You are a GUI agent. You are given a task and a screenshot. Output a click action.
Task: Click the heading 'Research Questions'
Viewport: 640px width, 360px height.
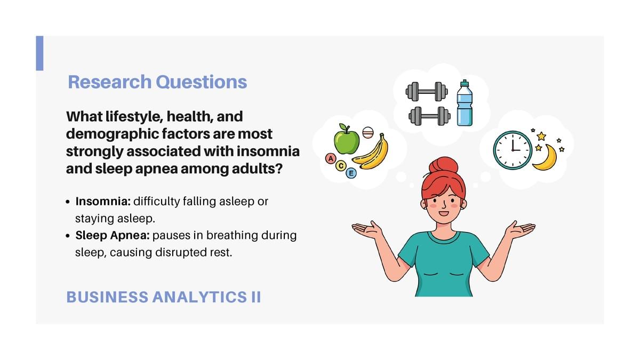pyautogui.click(x=157, y=82)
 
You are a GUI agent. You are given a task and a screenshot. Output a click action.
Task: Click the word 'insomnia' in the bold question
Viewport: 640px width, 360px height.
pyautogui.click(x=268, y=151)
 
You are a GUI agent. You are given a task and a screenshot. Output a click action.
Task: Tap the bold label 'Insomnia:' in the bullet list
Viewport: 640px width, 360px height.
pyautogui.click(x=103, y=202)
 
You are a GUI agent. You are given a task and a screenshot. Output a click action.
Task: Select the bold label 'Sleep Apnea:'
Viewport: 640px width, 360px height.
pyautogui.click(x=113, y=235)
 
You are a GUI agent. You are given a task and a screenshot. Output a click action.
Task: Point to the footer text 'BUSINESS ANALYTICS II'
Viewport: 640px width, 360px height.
pyautogui.click(x=163, y=297)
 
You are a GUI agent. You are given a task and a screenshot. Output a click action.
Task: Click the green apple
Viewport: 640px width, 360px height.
pyautogui.click(x=347, y=139)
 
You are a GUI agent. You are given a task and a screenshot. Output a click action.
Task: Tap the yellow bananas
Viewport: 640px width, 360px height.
pyautogui.click(x=371, y=153)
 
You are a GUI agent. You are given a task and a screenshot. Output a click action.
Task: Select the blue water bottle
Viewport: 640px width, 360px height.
pyautogui.click(x=465, y=103)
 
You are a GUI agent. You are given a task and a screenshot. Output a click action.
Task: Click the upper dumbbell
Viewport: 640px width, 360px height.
pyautogui.click(x=427, y=92)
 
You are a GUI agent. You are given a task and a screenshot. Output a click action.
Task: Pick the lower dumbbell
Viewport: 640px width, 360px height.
pyautogui.click(x=429, y=116)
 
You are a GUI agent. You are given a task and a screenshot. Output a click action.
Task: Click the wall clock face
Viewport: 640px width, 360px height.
pyautogui.click(x=513, y=150)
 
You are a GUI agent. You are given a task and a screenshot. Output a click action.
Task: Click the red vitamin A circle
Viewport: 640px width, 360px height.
pyautogui.click(x=331, y=158)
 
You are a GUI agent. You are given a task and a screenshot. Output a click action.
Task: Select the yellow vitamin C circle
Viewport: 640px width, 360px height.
pyautogui.click(x=341, y=166)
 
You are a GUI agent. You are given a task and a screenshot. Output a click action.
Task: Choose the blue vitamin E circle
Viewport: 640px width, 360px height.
pyautogui.click(x=351, y=173)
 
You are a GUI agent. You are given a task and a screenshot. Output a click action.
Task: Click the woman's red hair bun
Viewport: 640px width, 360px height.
pyautogui.click(x=443, y=165)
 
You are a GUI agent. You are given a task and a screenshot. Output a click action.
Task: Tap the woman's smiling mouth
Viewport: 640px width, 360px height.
pyautogui.click(x=444, y=213)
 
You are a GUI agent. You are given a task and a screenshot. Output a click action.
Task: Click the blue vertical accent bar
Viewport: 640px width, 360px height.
pyautogui.click(x=39, y=53)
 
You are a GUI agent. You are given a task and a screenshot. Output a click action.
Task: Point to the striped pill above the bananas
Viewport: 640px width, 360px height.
pyautogui.click(x=367, y=133)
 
